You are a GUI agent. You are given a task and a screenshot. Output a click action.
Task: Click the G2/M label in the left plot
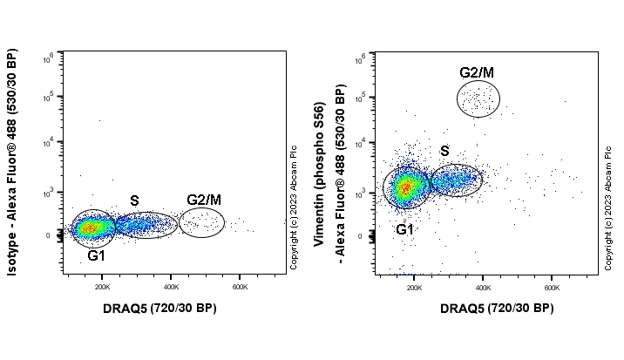(x=202, y=200)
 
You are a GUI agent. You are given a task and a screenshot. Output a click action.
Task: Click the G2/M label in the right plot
(x=477, y=71)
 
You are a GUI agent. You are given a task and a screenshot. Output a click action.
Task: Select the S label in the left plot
(x=134, y=200)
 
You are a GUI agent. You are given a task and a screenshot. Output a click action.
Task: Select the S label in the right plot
(x=444, y=152)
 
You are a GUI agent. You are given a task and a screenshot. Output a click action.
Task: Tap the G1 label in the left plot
(x=96, y=256)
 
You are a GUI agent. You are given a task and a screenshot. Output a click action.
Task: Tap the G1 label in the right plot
(x=405, y=229)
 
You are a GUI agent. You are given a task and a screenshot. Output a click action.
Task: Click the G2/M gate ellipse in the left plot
(x=201, y=223)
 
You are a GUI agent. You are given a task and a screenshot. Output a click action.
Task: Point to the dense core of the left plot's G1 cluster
(x=92, y=228)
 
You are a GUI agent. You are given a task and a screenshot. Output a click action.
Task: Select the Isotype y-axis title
(x=12, y=162)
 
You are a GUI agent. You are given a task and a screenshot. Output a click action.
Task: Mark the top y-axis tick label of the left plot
(x=50, y=58)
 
